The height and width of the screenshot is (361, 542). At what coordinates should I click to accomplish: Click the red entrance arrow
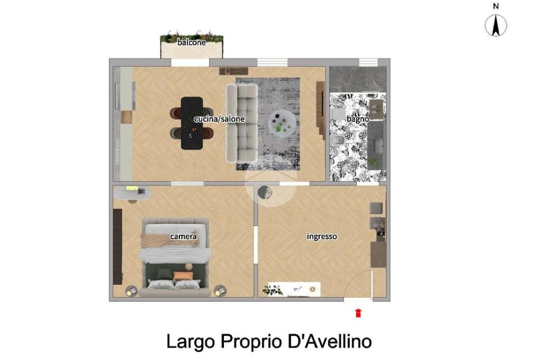(x=358, y=313)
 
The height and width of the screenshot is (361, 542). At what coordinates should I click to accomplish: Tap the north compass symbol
(x=495, y=25)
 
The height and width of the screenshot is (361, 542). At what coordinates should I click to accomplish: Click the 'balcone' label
(x=192, y=42)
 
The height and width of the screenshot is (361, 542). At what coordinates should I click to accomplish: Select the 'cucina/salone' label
(x=219, y=119)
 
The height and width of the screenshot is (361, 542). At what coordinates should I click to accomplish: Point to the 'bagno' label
(x=358, y=119)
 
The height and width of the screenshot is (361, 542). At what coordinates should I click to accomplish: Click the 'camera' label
(x=184, y=237)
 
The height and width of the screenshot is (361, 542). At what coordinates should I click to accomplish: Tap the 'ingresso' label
(x=322, y=237)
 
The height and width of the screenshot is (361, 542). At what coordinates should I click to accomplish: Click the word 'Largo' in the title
(x=191, y=341)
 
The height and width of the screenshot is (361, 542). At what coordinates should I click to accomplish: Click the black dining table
(x=192, y=123)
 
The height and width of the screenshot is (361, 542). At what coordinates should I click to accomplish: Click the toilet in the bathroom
(x=338, y=141)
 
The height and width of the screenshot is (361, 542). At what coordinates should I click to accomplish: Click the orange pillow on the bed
(x=184, y=276)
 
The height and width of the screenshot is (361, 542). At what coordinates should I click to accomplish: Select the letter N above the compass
(x=495, y=6)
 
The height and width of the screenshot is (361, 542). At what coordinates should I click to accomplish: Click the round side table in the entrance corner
(x=265, y=193)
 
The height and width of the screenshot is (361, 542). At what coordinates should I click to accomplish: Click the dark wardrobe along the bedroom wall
(x=118, y=247)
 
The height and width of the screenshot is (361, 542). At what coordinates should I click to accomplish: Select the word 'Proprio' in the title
(x=251, y=341)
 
